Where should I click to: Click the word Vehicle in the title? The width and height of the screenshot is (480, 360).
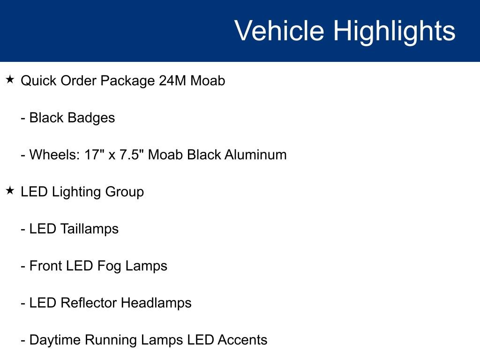pos(279,31)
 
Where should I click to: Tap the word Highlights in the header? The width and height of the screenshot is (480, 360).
pos(394,31)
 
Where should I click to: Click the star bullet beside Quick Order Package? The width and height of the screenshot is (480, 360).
pos(10,80)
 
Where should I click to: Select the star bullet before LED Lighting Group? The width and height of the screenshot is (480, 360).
pos(10,191)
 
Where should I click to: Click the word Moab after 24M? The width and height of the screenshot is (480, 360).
pos(208,81)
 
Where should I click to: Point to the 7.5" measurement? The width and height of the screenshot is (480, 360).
pos(132,155)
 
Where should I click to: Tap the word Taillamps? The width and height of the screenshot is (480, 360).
pos(90,229)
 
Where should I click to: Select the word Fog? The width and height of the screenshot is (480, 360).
pos(109,266)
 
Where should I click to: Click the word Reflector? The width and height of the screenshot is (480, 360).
pos(89,303)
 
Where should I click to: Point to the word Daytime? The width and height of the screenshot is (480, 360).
pos(55,340)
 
